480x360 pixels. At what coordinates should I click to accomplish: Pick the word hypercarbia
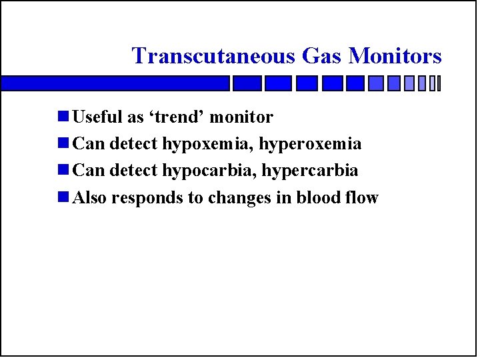(310, 171)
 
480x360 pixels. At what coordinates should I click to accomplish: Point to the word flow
(364, 198)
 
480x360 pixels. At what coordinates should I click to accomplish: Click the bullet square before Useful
(63, 117)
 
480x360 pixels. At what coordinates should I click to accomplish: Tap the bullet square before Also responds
(63, 197)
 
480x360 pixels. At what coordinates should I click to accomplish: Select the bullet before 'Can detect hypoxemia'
(63, 144)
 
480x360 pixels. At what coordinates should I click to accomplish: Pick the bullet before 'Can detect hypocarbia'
(63, 171)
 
